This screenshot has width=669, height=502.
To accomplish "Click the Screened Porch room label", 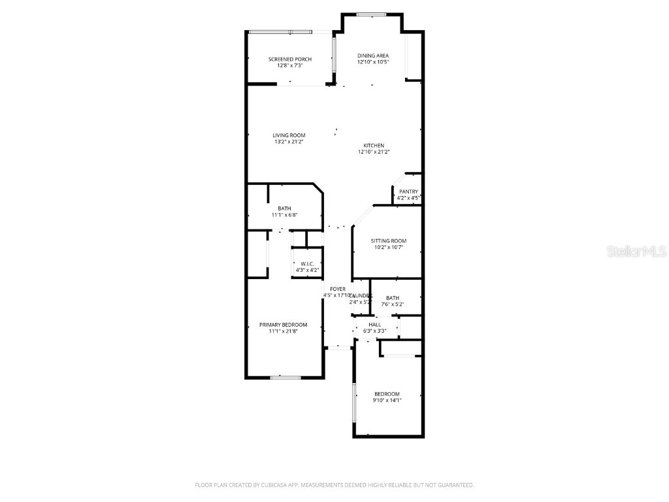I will click(289, 59).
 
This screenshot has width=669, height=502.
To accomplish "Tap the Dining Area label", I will click(372, 56).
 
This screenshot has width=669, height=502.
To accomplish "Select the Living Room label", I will click(289, 135).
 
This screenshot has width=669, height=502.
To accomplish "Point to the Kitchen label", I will click(374, 146).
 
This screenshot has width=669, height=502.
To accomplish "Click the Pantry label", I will click(408, 192).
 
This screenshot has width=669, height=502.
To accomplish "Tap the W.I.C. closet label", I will click(307, 264).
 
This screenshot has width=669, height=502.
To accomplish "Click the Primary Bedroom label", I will click(283, 325).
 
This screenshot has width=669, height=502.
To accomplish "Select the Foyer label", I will click(338, 289).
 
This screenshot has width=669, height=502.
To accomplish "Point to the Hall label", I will click(374, 325).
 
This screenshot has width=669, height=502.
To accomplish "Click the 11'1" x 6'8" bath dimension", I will click(284, 215).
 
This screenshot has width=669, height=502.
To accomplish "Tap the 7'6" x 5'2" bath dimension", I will click(392, 304).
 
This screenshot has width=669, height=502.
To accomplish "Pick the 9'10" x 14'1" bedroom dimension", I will click(387, 400).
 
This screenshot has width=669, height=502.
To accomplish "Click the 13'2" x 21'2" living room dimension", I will click(289, 141).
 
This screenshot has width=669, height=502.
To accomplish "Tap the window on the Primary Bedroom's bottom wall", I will click(286, 377).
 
